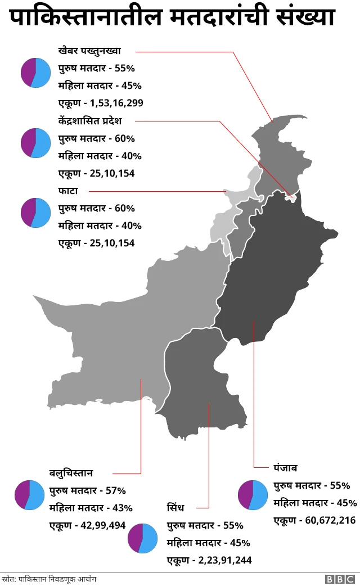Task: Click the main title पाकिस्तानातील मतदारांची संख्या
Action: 172,18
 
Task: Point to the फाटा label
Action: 67,191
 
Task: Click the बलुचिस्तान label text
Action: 71,472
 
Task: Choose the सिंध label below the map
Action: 175,508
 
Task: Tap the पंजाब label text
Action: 285,467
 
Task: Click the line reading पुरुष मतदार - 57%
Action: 87,490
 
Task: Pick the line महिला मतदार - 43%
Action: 91,508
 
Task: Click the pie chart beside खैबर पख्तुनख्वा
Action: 35,73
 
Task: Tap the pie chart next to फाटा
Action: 35,213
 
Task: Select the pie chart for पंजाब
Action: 253,495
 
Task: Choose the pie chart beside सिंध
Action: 143,538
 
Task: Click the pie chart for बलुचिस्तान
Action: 29,495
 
